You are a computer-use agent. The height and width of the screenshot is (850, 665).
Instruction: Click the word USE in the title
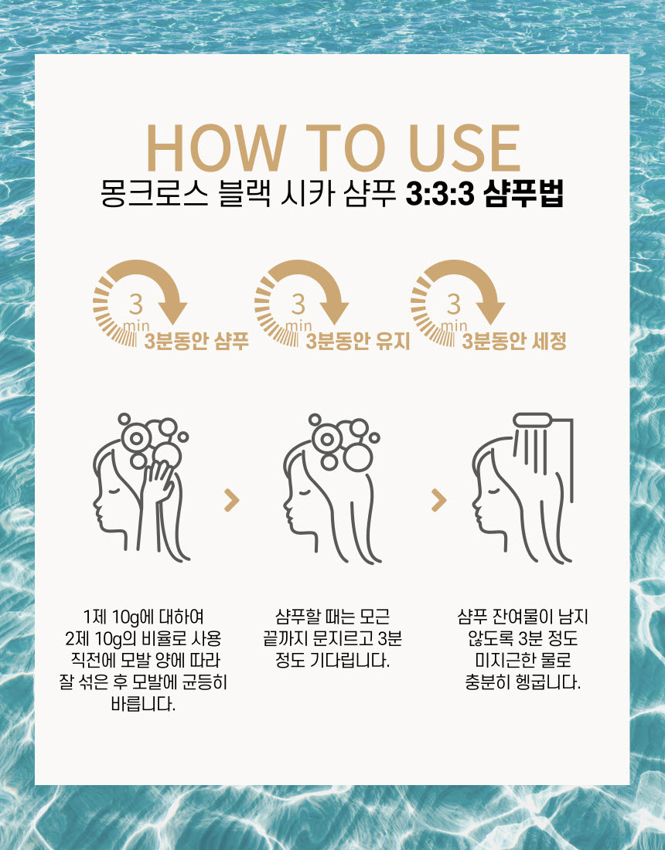click(x=465, y=148)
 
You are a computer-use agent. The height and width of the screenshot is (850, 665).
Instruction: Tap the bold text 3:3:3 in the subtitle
click(x=440, y=193)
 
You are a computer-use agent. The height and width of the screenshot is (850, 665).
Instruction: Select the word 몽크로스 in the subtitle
click(x=155, y=193)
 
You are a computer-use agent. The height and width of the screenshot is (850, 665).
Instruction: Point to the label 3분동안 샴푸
click(x=196, y=341)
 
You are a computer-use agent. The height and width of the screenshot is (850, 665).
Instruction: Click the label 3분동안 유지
click(x=358, y=341)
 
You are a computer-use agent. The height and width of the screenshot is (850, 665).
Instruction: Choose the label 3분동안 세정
click(x=514, y=341)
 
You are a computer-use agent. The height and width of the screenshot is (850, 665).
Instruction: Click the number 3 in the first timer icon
click(x=136, y=304)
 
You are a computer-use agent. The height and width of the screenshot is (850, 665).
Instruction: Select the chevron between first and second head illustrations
click(x=232, y=501)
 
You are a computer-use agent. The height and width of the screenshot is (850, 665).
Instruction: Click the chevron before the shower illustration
click(x=438, y=501)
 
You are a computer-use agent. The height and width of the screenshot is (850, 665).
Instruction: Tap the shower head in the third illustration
click(x=532, y=420)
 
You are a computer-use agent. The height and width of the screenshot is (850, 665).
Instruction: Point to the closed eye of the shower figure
click(x=493, y=492)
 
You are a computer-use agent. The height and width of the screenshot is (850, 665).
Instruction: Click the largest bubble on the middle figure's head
click(x=357, y=456)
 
